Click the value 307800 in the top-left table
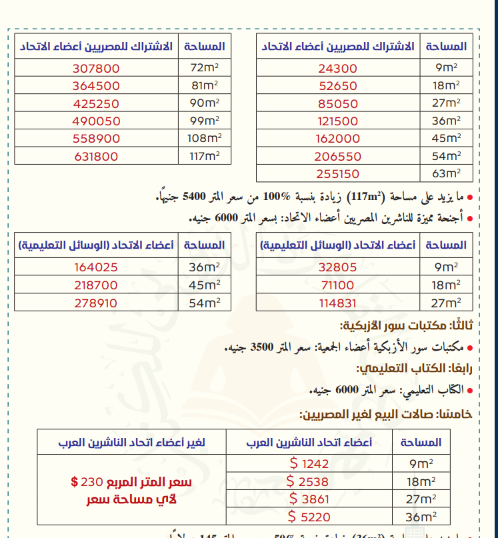point(97,69)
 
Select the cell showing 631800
point(97,157)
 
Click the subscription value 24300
point(338,69)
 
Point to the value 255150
point(338,174)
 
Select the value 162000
point(338,139)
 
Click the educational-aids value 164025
point(97,267)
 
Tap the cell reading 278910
point(97,303)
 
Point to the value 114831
point(338,303)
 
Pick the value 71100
point(338,285)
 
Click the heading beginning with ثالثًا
point(407,327)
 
